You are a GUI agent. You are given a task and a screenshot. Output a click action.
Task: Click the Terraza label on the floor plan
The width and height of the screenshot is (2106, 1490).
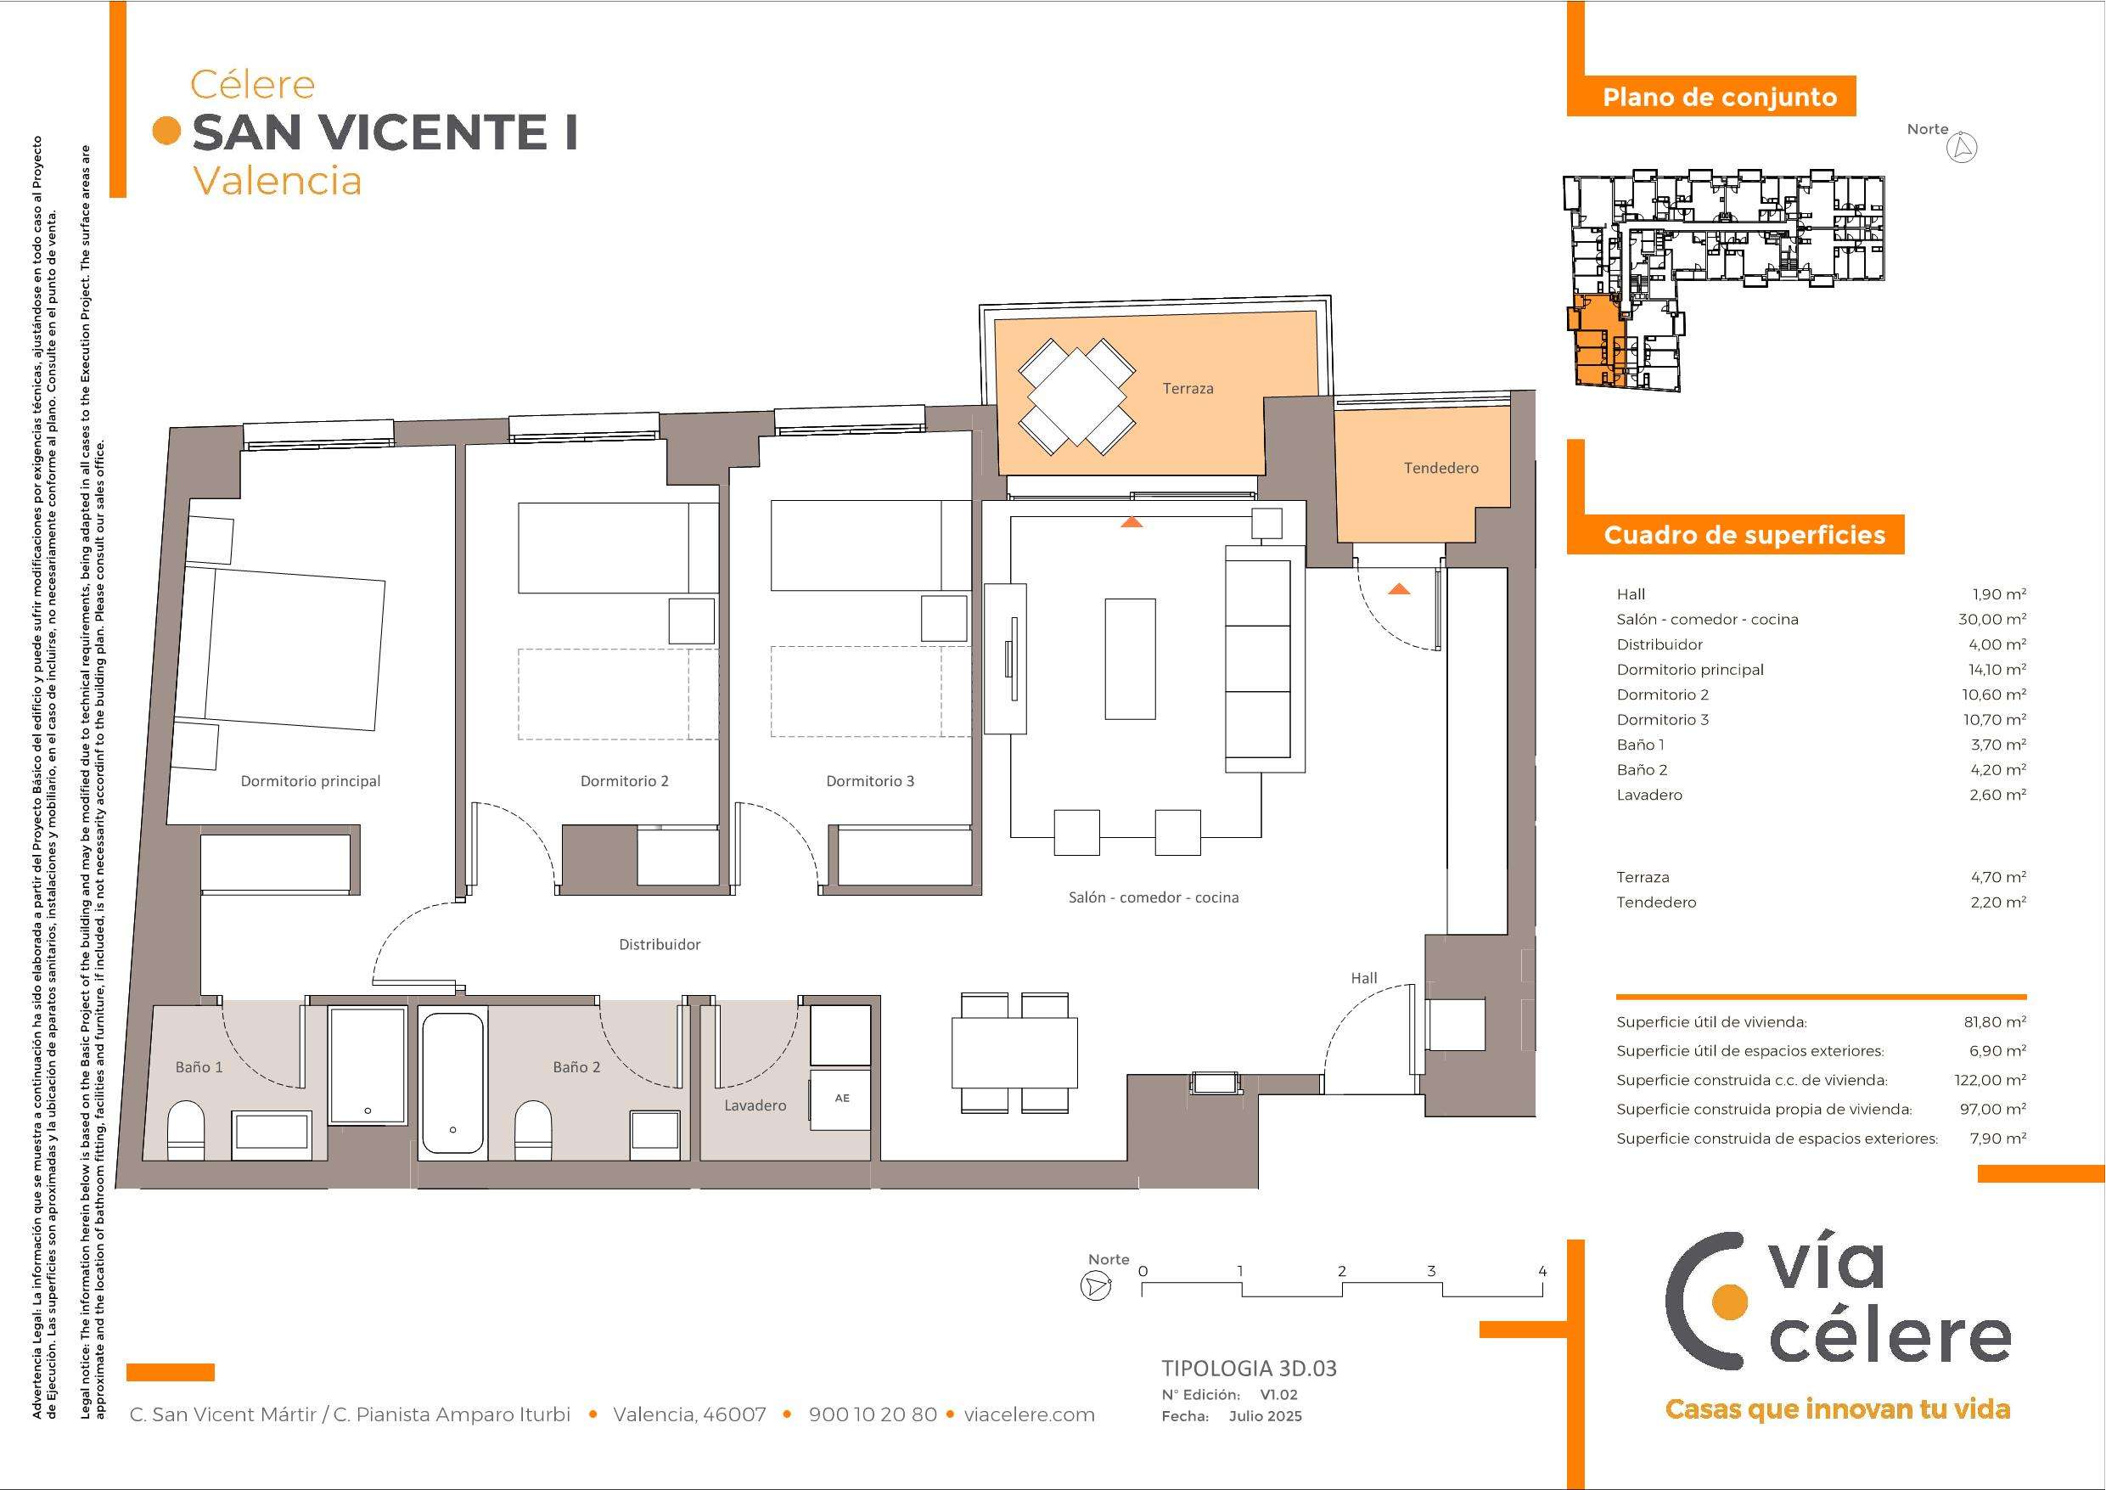tap(1188, 389)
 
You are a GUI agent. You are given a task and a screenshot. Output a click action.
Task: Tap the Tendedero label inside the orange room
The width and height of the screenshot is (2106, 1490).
tap(1441, 468)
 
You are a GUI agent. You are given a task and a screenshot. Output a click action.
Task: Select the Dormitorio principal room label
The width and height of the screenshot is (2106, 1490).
tap(310, 782)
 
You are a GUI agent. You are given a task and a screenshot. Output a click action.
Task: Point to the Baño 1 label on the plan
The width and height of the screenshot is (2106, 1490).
tap(199, 1067)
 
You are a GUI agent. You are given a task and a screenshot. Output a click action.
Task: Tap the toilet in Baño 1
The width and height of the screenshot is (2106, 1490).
tap(186, 1131)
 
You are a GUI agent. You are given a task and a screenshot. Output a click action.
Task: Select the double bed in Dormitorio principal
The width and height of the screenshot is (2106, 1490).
tap(285, 649)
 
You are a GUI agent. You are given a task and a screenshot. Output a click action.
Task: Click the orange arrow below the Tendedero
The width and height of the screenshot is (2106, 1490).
tap(1399, 589)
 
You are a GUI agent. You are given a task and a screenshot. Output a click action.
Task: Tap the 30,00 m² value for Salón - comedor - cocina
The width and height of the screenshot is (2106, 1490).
tap(1992, 619)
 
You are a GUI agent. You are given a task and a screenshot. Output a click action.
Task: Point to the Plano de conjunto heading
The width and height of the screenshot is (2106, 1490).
tap(1719, 98)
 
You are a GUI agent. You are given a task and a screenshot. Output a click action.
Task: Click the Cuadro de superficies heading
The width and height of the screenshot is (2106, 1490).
tap(1744, 535)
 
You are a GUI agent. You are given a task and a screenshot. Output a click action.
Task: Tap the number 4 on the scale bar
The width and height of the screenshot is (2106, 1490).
tap(1542, 1272)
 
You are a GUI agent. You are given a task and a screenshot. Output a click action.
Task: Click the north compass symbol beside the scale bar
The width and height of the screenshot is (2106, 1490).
tap(1095, 1286)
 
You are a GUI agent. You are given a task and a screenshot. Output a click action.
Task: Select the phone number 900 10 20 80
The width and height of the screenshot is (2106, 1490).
tap(873, 1414)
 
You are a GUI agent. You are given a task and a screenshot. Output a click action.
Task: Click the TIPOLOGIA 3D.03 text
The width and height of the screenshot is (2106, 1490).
tap(1249, 1369)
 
